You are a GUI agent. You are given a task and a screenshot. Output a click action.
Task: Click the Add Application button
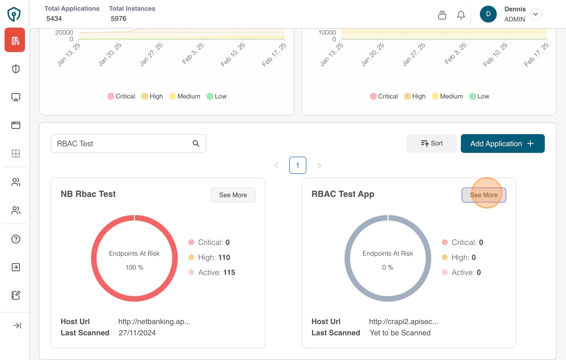[502, 144]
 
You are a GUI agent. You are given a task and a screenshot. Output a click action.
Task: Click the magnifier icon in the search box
[196, 143]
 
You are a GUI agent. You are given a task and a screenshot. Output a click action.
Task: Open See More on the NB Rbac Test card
[233, 195]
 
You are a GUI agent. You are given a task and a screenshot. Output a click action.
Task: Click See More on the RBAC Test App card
[484, 195]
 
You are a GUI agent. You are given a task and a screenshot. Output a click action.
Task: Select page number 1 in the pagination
[298, 165]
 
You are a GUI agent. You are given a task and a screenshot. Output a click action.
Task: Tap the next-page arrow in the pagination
[319, 165]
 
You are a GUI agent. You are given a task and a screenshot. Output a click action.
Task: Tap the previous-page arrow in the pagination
[276, 165]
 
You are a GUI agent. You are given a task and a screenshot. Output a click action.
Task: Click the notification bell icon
[461, 15]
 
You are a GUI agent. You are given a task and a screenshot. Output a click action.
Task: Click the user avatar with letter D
[488, 14]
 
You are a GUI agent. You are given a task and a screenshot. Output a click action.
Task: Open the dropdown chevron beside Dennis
[535, 14]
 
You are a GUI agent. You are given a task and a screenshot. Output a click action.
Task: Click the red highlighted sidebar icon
[15, 41]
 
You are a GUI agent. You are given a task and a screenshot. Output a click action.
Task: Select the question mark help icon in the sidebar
[16, 239]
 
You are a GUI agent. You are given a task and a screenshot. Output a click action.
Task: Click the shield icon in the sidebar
[16, 69]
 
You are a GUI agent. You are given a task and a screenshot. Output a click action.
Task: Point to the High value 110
[224, 257]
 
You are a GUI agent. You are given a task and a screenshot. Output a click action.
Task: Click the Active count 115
[229, 272]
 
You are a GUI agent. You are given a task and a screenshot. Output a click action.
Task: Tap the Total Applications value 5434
[54, 19]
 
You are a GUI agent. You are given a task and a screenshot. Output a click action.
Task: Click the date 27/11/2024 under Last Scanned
[137, 333]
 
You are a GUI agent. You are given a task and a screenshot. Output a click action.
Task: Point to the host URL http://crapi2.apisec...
[403, 322]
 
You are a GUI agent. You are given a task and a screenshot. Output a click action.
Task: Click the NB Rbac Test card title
[88, 194]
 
